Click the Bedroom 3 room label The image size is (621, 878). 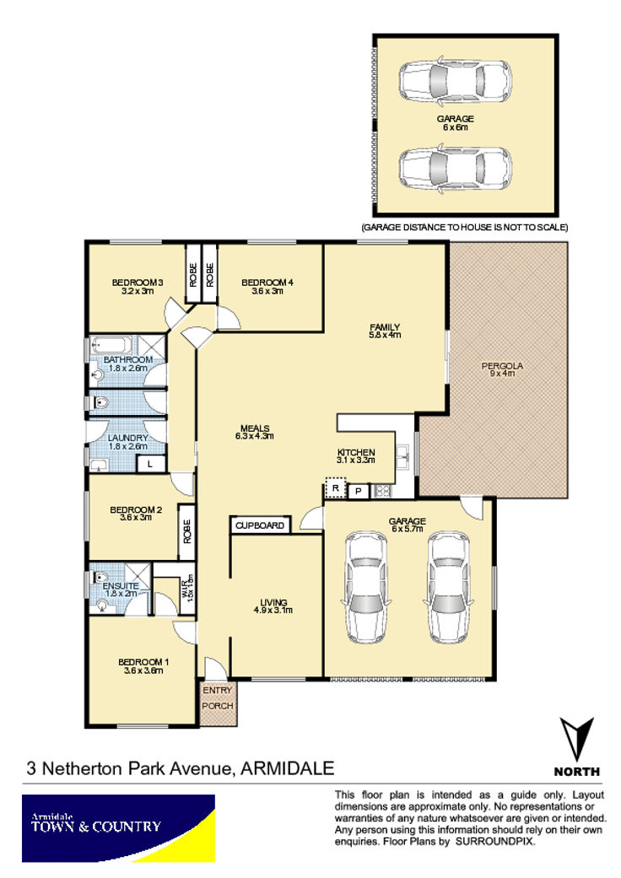click(138, 283)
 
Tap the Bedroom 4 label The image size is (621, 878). click(267, 283)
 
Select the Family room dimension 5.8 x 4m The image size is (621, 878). click(385, 335)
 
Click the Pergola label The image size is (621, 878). click(502, 366)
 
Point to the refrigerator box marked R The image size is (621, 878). click(336, 488)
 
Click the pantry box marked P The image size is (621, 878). click(359, 492)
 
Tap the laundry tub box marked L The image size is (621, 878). click(150, 464)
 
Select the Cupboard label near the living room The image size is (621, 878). click(260, 525)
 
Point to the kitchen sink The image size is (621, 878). click(403, 457)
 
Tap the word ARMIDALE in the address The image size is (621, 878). click(287, 768)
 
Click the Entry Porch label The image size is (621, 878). click(218, 698)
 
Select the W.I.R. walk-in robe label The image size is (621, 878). click(188, 589)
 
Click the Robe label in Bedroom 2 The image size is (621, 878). click(187, 531)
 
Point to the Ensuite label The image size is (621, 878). click(121, 585)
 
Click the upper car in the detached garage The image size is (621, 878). click(455, 81)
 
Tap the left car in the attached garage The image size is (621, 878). click(366, 586)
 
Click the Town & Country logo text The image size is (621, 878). click(95, 826)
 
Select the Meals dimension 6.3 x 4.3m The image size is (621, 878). click(255, 436)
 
